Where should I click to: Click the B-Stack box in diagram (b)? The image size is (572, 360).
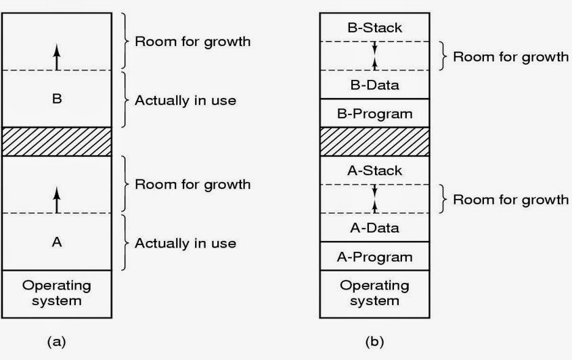(374, 28)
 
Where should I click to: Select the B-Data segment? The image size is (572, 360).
(374, 85)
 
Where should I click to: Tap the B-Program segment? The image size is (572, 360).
(374, 113)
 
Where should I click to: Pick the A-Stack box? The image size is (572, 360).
(374, 171)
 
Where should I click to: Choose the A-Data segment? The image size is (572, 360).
(374, 228)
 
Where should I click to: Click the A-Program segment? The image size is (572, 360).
(374, 256)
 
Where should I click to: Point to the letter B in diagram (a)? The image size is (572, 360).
(57, 99)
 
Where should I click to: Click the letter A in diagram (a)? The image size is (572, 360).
(57, 242)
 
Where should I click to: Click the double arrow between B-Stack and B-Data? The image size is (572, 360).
(374, 56)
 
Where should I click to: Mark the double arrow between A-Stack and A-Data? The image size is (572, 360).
(374, 199)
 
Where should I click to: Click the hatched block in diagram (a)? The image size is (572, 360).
(57, 141)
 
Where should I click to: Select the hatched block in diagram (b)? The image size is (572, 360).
(374, 141)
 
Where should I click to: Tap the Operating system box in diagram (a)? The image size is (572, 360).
(57, 292)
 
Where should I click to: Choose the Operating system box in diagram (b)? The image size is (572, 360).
(374, 292)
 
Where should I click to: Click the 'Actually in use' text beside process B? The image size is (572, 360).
(185, 100)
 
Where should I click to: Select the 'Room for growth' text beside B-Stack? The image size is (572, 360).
(510, 56)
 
